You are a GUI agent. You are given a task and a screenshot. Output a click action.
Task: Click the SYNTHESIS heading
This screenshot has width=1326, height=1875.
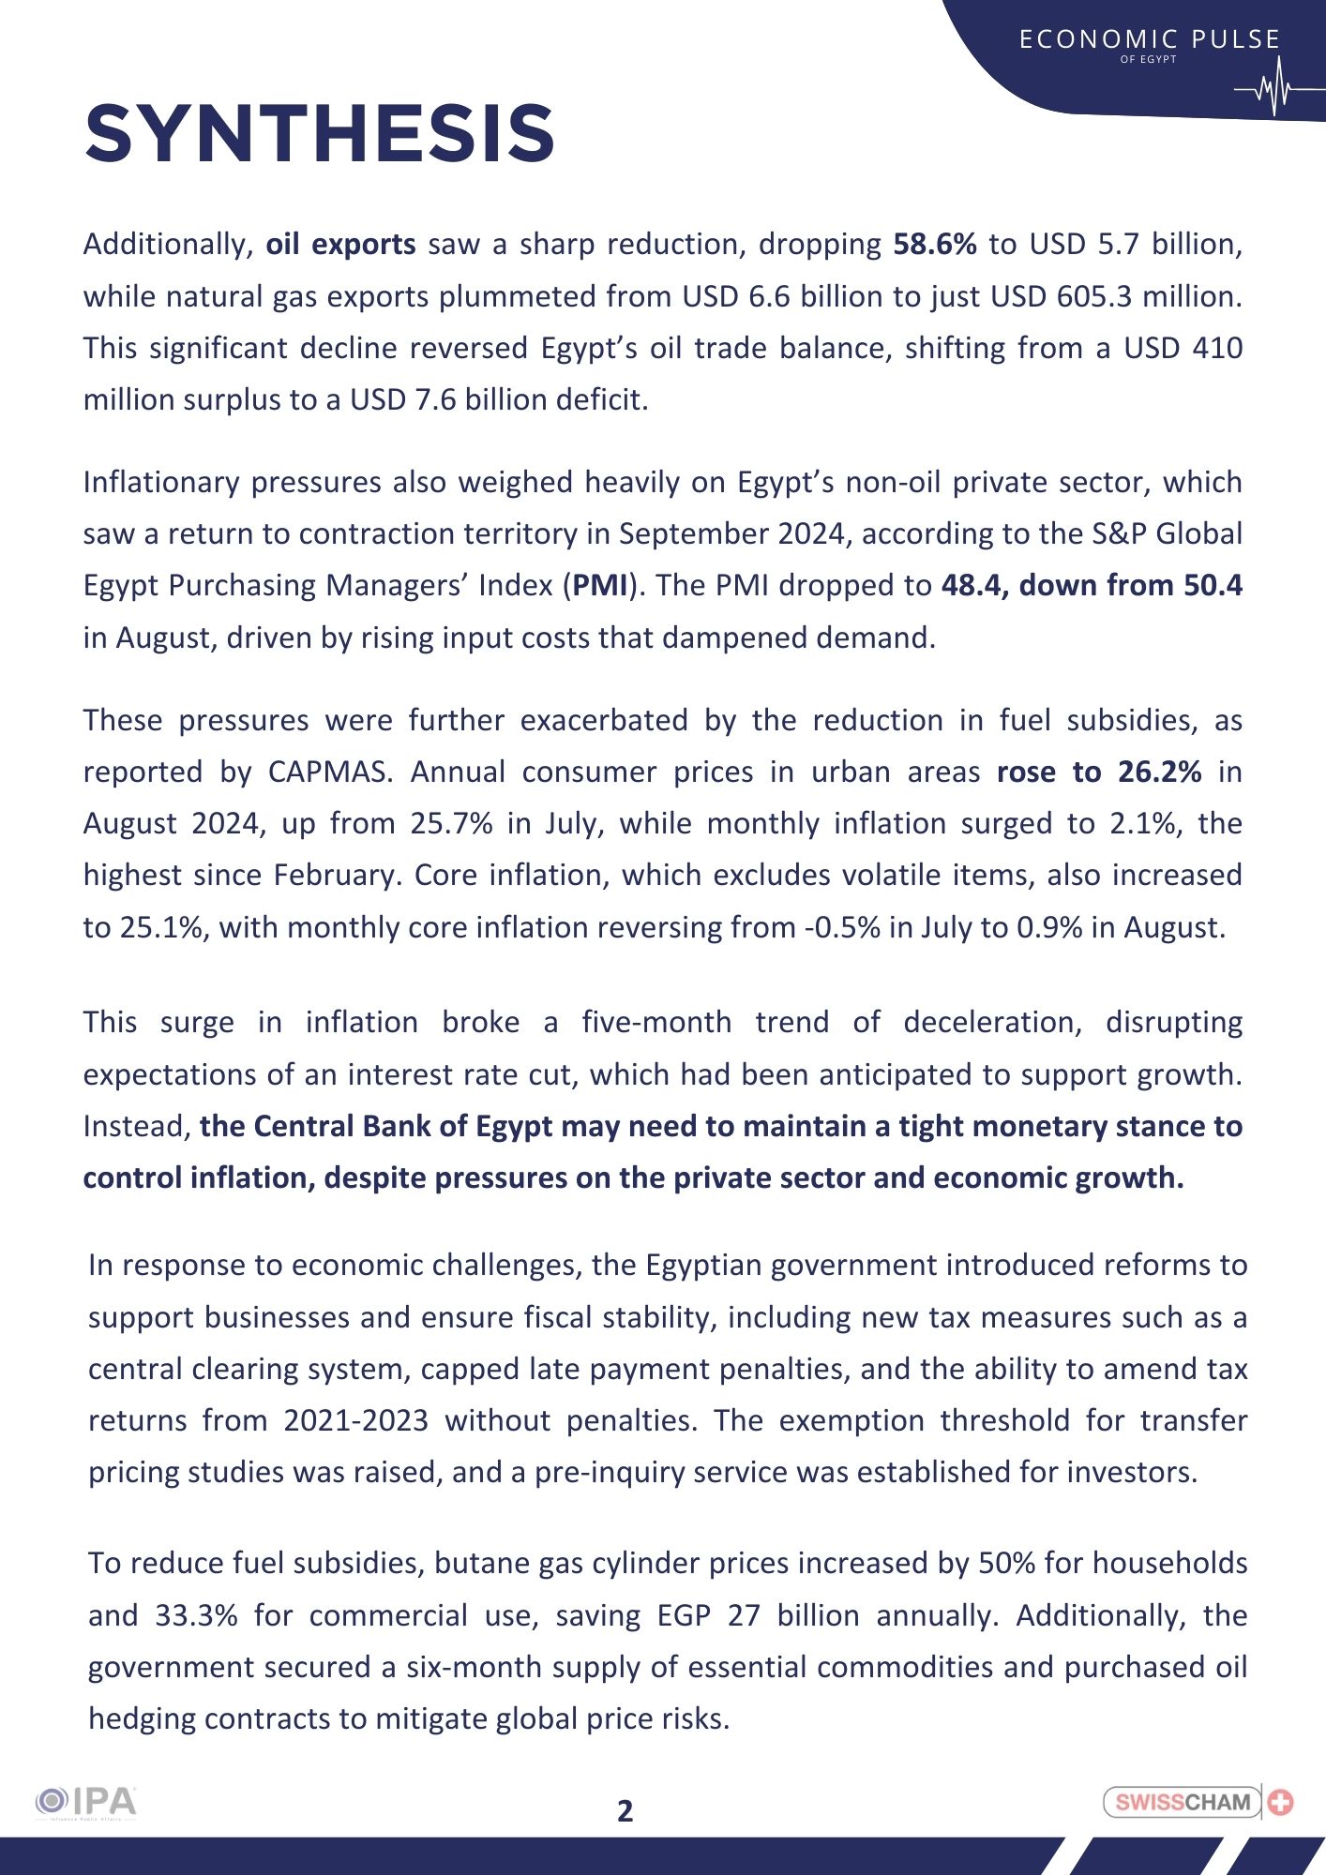point(320,134)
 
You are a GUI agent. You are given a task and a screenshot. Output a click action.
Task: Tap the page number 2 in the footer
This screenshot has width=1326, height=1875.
point(625,1810)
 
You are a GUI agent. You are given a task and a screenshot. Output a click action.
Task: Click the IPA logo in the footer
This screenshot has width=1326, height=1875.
point(86,1802)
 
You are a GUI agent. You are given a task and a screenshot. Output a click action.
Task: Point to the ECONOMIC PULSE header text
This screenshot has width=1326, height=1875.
point(1149,39)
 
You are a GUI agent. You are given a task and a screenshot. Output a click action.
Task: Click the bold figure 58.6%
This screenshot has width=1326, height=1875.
point(934,245)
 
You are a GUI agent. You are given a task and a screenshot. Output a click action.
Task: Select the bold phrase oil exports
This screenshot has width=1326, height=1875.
point(340,245)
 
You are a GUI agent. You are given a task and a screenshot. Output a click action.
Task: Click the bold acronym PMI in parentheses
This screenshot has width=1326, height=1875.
point(600,585)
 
